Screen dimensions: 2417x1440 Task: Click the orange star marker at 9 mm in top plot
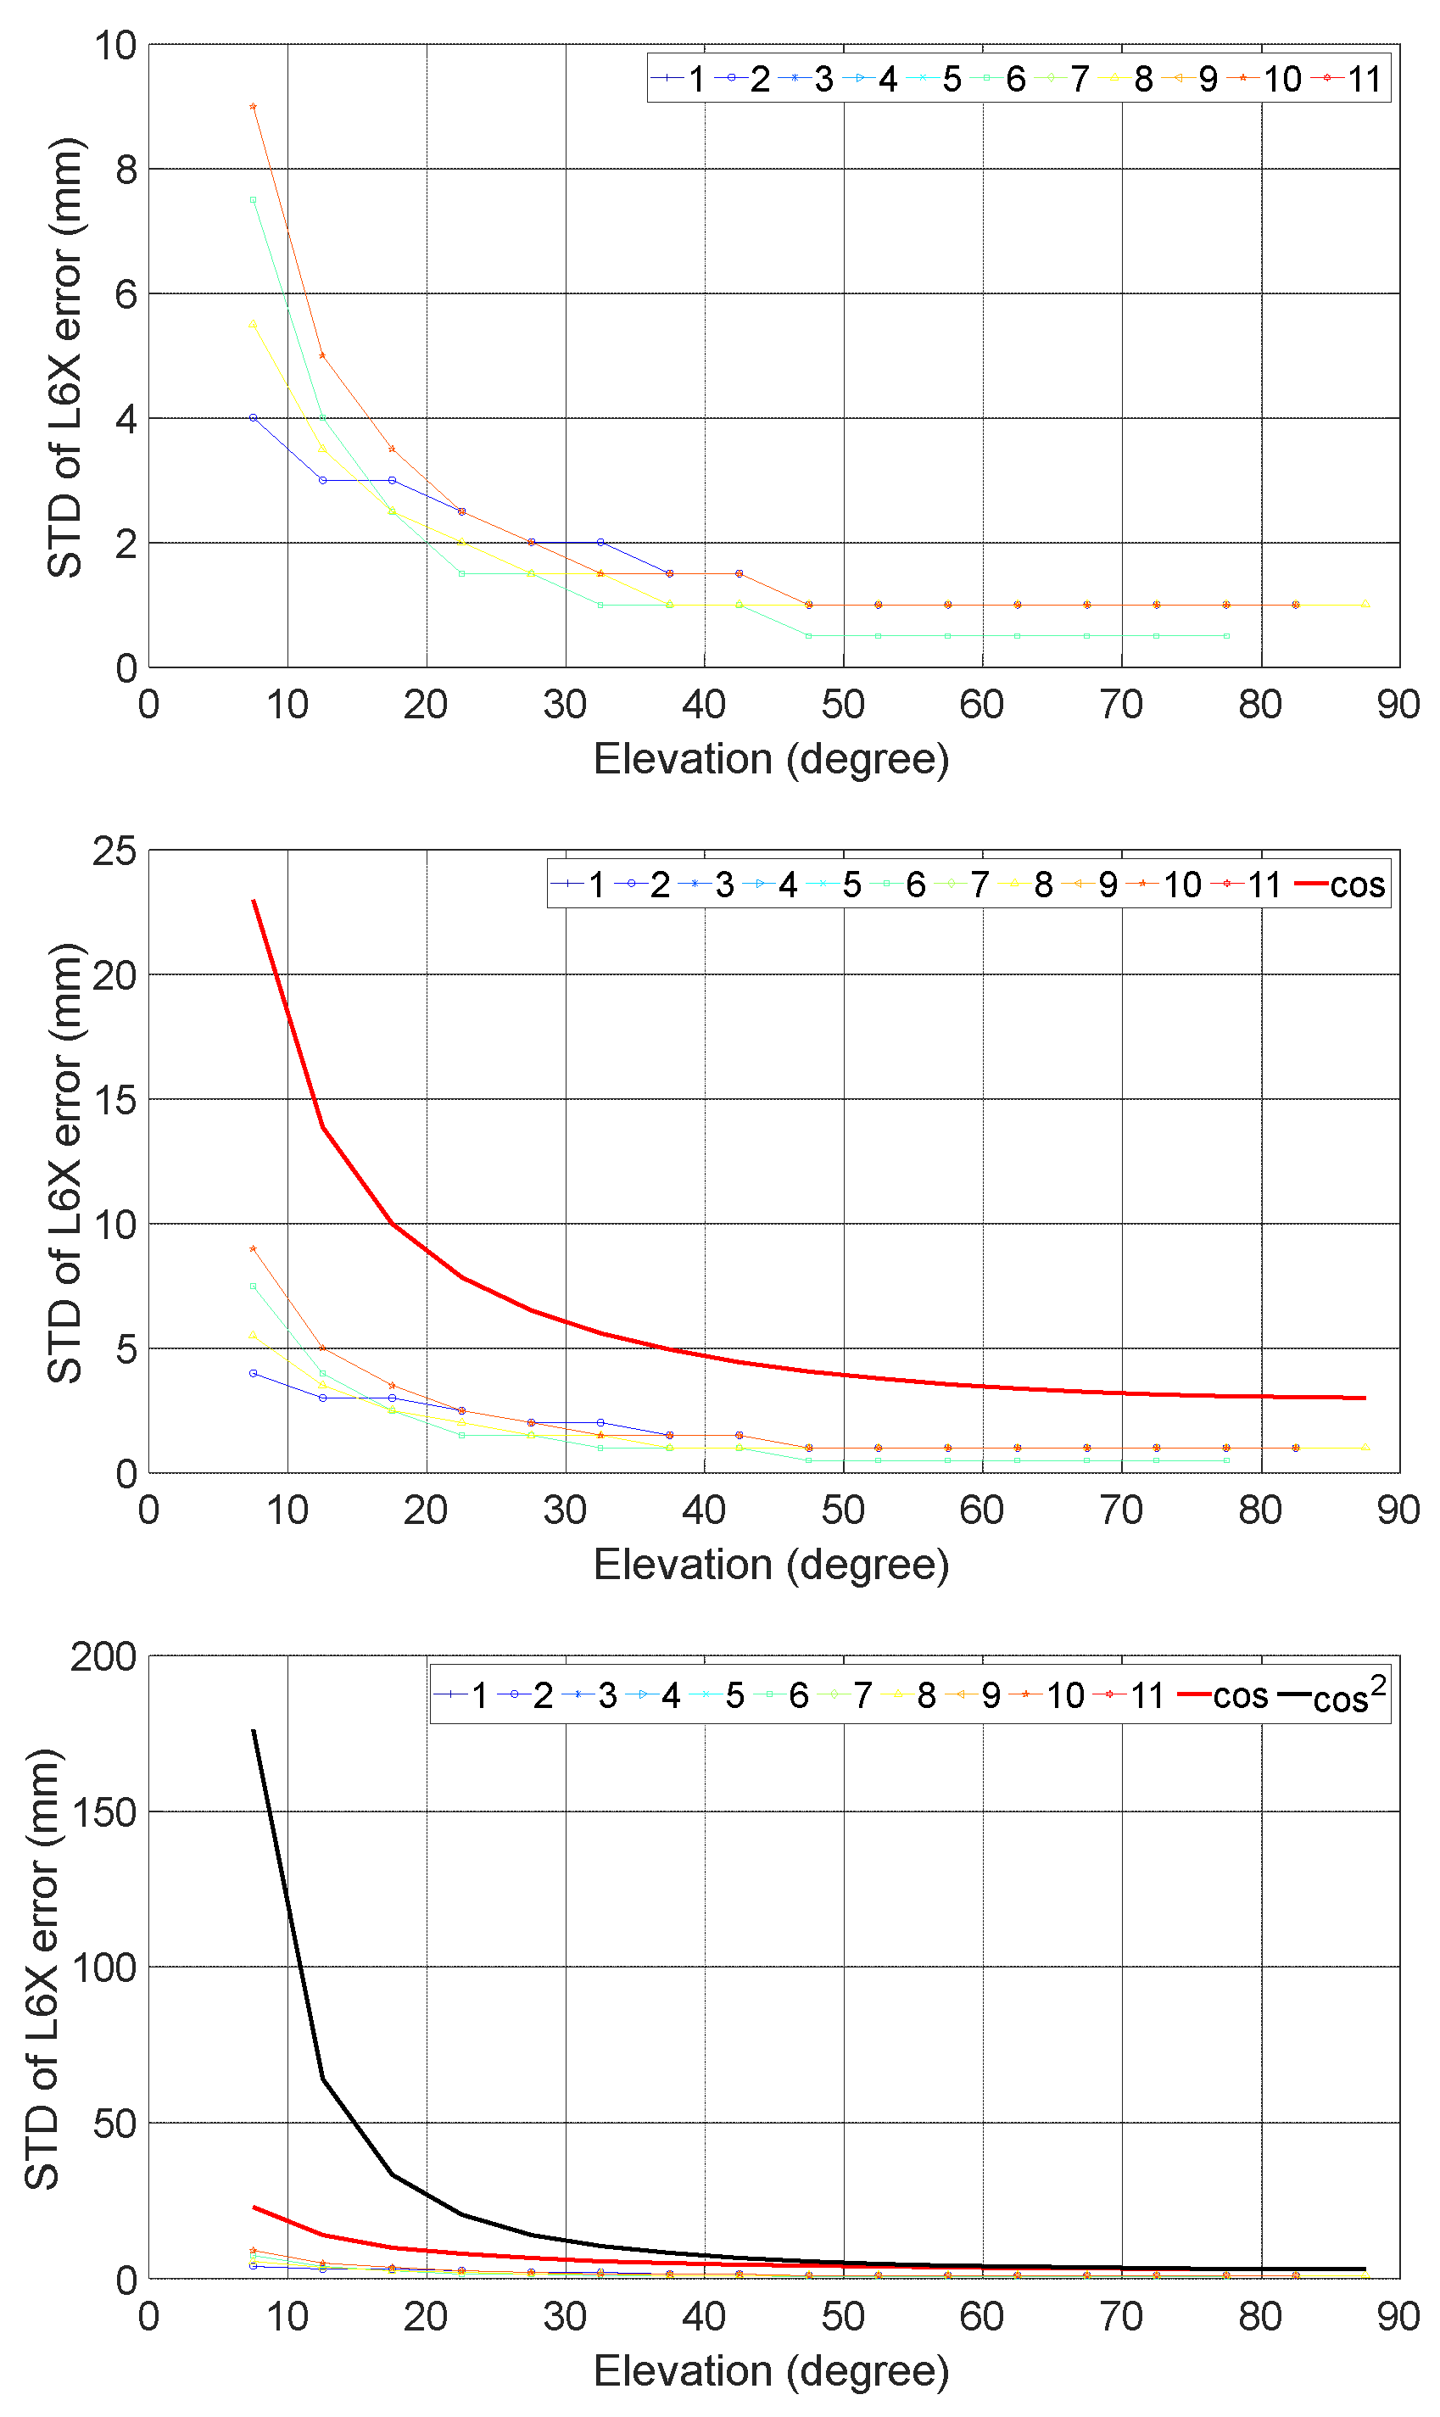(x=254, y=107)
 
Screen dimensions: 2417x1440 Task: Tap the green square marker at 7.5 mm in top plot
(x=254, y=200)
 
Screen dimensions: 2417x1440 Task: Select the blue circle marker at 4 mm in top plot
(x=254, y=418)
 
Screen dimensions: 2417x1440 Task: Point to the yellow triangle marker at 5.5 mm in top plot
(x=254, y=324)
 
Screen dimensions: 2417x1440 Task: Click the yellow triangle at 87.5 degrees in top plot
(x=1365, y=605)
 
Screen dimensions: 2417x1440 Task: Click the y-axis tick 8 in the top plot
(x=126, y=170)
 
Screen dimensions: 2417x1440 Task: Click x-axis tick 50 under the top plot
(x=842, y=705)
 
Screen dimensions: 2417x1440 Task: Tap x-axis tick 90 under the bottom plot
(x=1398, y=2317)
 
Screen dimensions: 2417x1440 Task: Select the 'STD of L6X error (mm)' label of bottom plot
(x=42, y=1970)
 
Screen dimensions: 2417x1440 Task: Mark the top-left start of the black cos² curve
(x=254, y=1731)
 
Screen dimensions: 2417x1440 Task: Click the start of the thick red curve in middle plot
(x=254, y=901)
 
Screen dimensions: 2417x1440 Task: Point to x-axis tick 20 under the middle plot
(x=425, y=1510)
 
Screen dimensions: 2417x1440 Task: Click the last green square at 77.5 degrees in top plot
(x=1226, y=635)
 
